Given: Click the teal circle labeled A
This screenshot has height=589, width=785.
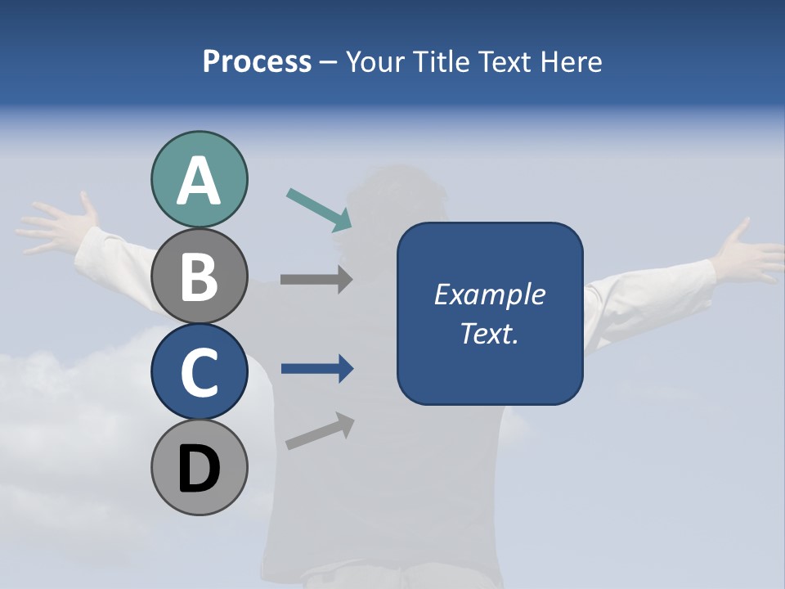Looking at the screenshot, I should click(x=199, y=180).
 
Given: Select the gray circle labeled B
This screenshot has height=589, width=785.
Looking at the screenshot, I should click(x=199, y=277).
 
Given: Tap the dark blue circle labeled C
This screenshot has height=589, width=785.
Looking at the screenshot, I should click(x=199, y=372).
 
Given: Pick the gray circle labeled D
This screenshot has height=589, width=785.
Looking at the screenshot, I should click(x=199, y=468).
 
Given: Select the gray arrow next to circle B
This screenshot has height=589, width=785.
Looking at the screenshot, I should click(x=316, y=279).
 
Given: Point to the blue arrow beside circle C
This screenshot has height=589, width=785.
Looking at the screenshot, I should click(x=316, y=369).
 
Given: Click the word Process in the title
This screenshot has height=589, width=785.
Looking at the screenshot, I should click(x=257, y=61).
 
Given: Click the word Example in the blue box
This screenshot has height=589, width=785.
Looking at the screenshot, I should click(x=489, y=294).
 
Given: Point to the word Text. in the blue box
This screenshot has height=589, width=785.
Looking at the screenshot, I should click(x=489, y=333).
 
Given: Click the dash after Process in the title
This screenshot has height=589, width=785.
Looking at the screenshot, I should click(x=329, y=62).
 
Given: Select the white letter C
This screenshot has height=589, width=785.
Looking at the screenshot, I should click(x=199, y=372).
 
